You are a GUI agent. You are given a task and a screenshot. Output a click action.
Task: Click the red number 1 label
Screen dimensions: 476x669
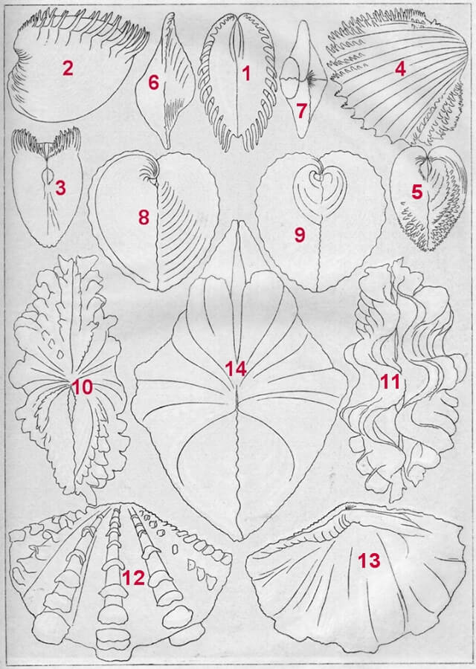(x=246, y=74)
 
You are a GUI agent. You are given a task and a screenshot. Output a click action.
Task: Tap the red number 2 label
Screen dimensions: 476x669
(x=68, y=68)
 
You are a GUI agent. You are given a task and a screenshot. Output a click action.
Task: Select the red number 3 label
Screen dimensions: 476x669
(x=61, y=188)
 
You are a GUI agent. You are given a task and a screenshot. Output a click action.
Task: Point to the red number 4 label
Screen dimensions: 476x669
(x=400, y=68)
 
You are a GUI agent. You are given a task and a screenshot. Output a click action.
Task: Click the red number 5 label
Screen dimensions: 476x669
(x=416, y=192)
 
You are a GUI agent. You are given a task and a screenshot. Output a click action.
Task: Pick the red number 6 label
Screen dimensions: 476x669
(x=154, y=83)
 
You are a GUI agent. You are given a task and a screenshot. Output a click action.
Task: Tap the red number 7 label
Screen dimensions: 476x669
(x=301, y=111)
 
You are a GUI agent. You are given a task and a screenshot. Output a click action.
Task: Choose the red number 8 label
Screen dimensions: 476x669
(x=144, y=218)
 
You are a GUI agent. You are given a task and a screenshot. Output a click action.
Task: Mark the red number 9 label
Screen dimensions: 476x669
(x=300, y=235)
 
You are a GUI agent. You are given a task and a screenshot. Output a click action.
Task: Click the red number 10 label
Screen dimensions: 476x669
(x=83, y=388)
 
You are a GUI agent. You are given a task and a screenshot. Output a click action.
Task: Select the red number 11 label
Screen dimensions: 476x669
(x=389, y=382)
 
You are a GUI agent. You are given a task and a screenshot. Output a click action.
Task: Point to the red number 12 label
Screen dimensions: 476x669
(x=133, y=578)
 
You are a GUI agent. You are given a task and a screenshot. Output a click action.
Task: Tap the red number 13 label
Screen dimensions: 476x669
(x=369, y=560)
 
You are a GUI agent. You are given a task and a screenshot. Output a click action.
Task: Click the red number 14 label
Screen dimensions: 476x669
(x=236, y=368)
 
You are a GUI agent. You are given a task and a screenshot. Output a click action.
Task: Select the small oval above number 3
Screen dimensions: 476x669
(x=48, y=175)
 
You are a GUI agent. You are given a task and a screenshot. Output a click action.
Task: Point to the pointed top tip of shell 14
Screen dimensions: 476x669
(x=237, y=221)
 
